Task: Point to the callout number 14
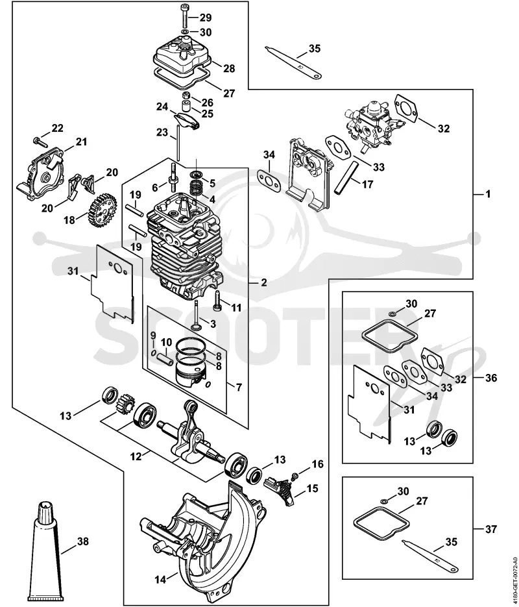160,580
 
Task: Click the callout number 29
206,18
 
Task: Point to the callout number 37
490,528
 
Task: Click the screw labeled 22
40,142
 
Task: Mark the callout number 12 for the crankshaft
136,456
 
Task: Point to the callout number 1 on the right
488,193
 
